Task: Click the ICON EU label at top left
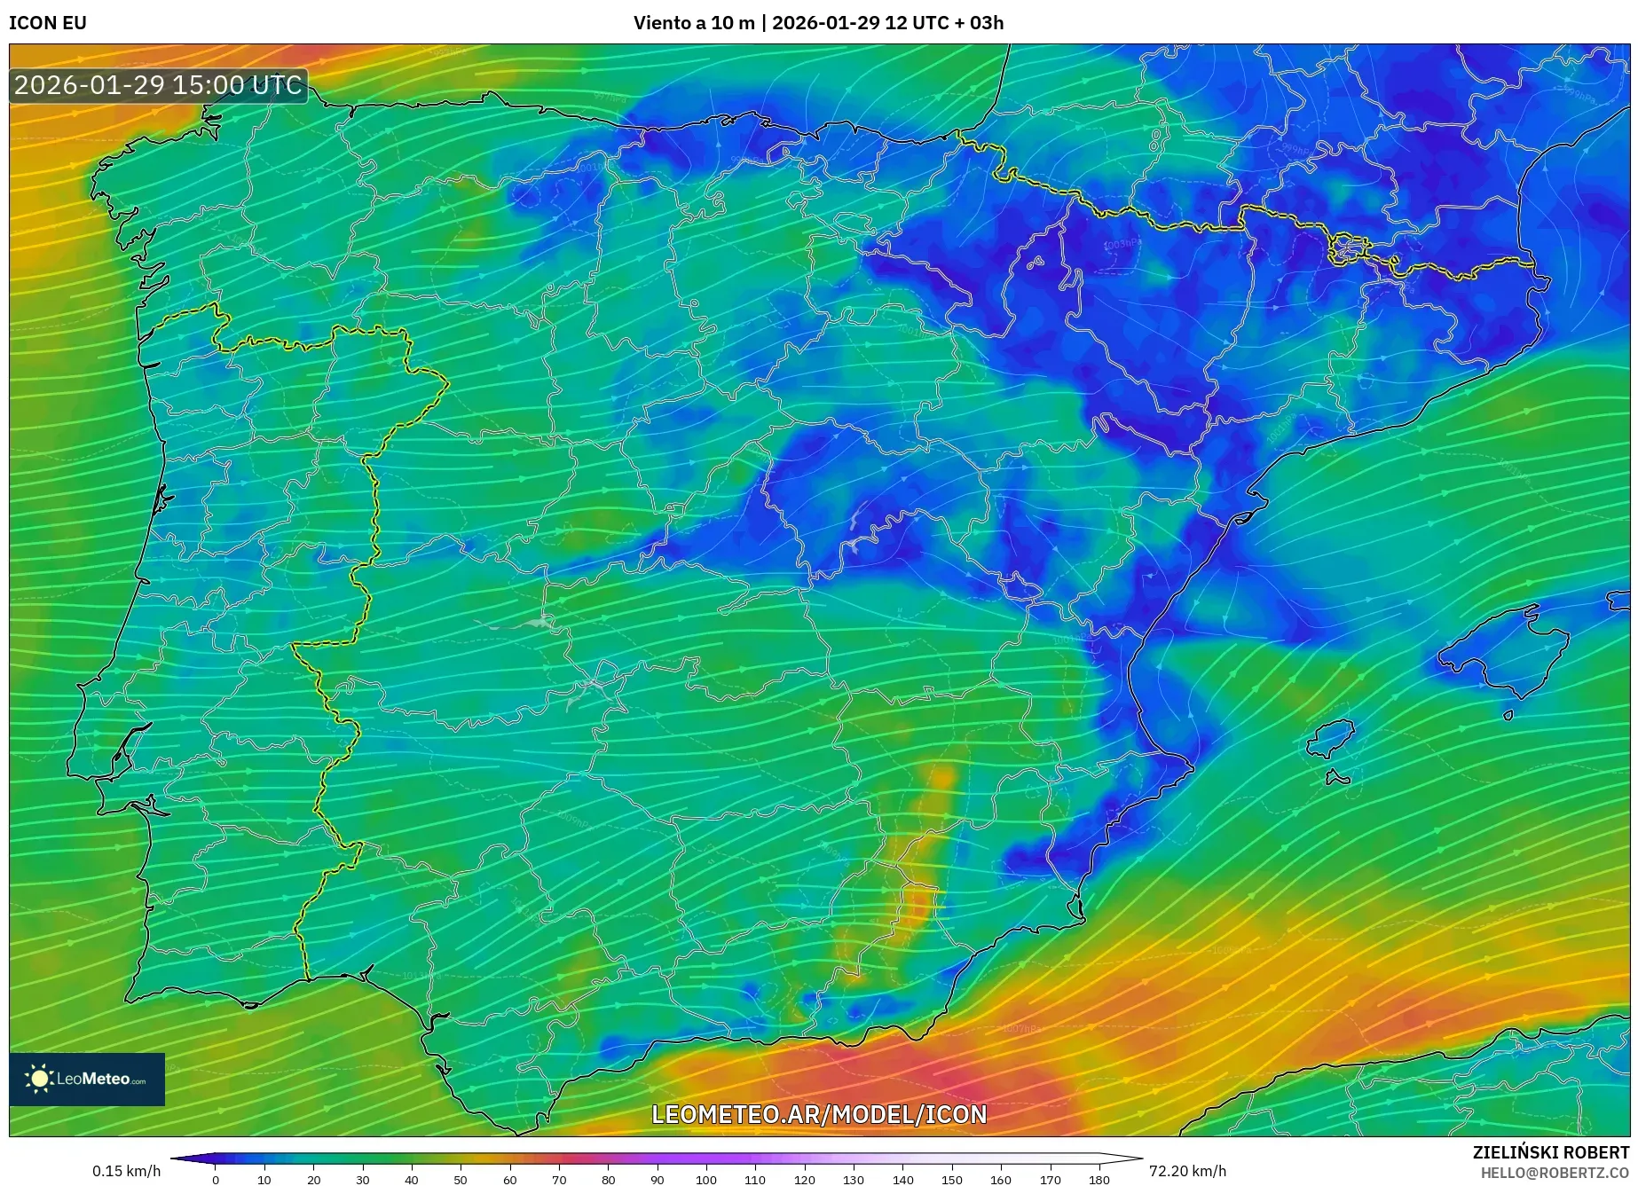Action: point(48,23)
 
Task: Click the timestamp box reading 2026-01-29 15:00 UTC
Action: point(158,85)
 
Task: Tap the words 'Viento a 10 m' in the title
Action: point(693,23)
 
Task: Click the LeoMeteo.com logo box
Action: point(87,1079)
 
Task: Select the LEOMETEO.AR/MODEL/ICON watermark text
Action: point(818,1114)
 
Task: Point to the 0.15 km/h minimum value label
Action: point(126,1171)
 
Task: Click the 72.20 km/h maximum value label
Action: point(1187,1171)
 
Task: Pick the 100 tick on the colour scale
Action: point(705,1180)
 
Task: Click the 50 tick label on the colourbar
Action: point(460,1180)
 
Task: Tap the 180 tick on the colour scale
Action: point(1099,1180)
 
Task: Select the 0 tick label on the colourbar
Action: point(215,1180)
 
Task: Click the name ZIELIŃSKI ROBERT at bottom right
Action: point(1551,1152)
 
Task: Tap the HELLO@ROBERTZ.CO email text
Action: point(1554,1173)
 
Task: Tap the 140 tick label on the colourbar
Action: point(902,1180)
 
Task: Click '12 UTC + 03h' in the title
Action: point(944,23)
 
